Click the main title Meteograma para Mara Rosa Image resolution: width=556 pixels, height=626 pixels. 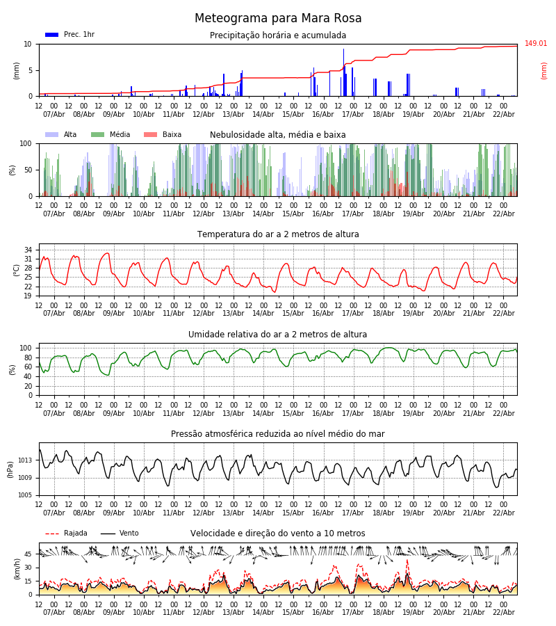(x=278, y=19)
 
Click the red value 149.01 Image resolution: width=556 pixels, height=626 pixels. (x=536, y=44)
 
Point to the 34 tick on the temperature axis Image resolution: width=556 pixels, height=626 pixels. (x=28, y=250)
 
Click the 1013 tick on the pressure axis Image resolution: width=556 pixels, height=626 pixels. (x=25, y=460)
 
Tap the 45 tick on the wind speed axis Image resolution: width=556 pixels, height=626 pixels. (x=28, y=554)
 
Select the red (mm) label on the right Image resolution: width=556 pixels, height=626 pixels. (x=544, y=70)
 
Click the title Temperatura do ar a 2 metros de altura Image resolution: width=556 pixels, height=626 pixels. (x=278, y=234)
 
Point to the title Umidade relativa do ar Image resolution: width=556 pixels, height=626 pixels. (x=278, y=335)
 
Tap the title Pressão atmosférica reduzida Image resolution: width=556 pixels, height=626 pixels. (x=278, y=434)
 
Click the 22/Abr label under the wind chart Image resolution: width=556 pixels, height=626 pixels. (x=503, y=612)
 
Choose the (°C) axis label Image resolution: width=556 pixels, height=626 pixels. (x=17, y=269)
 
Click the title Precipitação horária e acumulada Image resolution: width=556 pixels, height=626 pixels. (x=278, y=35)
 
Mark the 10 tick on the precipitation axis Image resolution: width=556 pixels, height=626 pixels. (x=28, y=44)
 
